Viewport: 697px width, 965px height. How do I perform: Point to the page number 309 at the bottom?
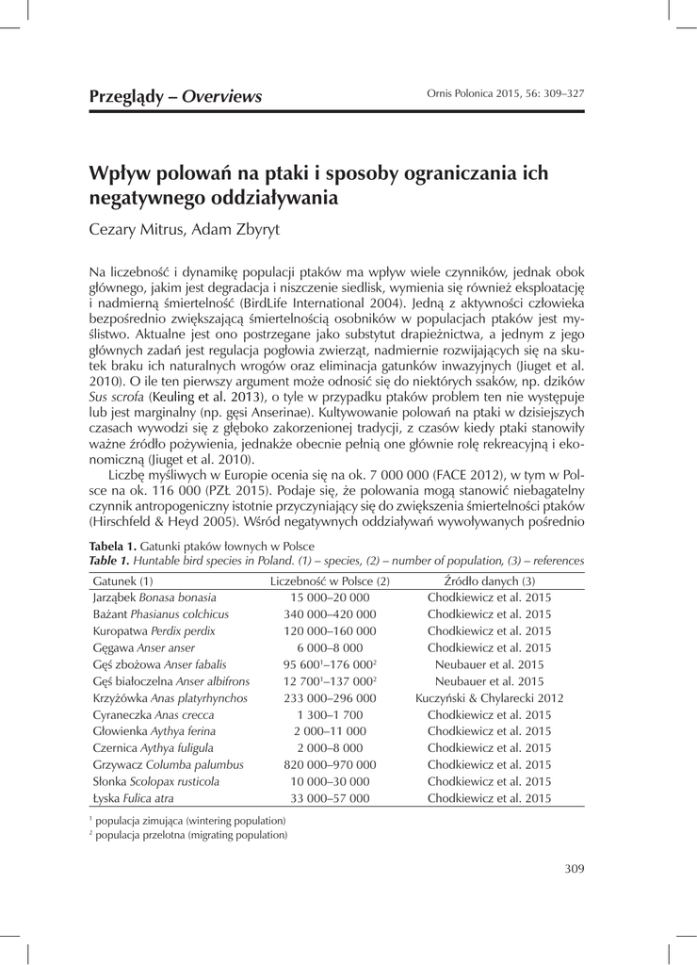575,869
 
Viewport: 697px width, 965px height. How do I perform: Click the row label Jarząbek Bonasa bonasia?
154,597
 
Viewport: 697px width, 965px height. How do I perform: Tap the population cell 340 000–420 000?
330,613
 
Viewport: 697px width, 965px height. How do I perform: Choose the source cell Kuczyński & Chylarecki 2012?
489,697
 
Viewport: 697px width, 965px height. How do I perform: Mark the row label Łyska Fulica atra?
133,798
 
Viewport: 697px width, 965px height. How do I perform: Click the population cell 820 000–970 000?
330,764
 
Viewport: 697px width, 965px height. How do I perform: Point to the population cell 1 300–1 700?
330,714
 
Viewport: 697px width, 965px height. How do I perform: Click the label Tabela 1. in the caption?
116,546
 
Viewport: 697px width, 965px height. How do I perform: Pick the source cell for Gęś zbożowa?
489,664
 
